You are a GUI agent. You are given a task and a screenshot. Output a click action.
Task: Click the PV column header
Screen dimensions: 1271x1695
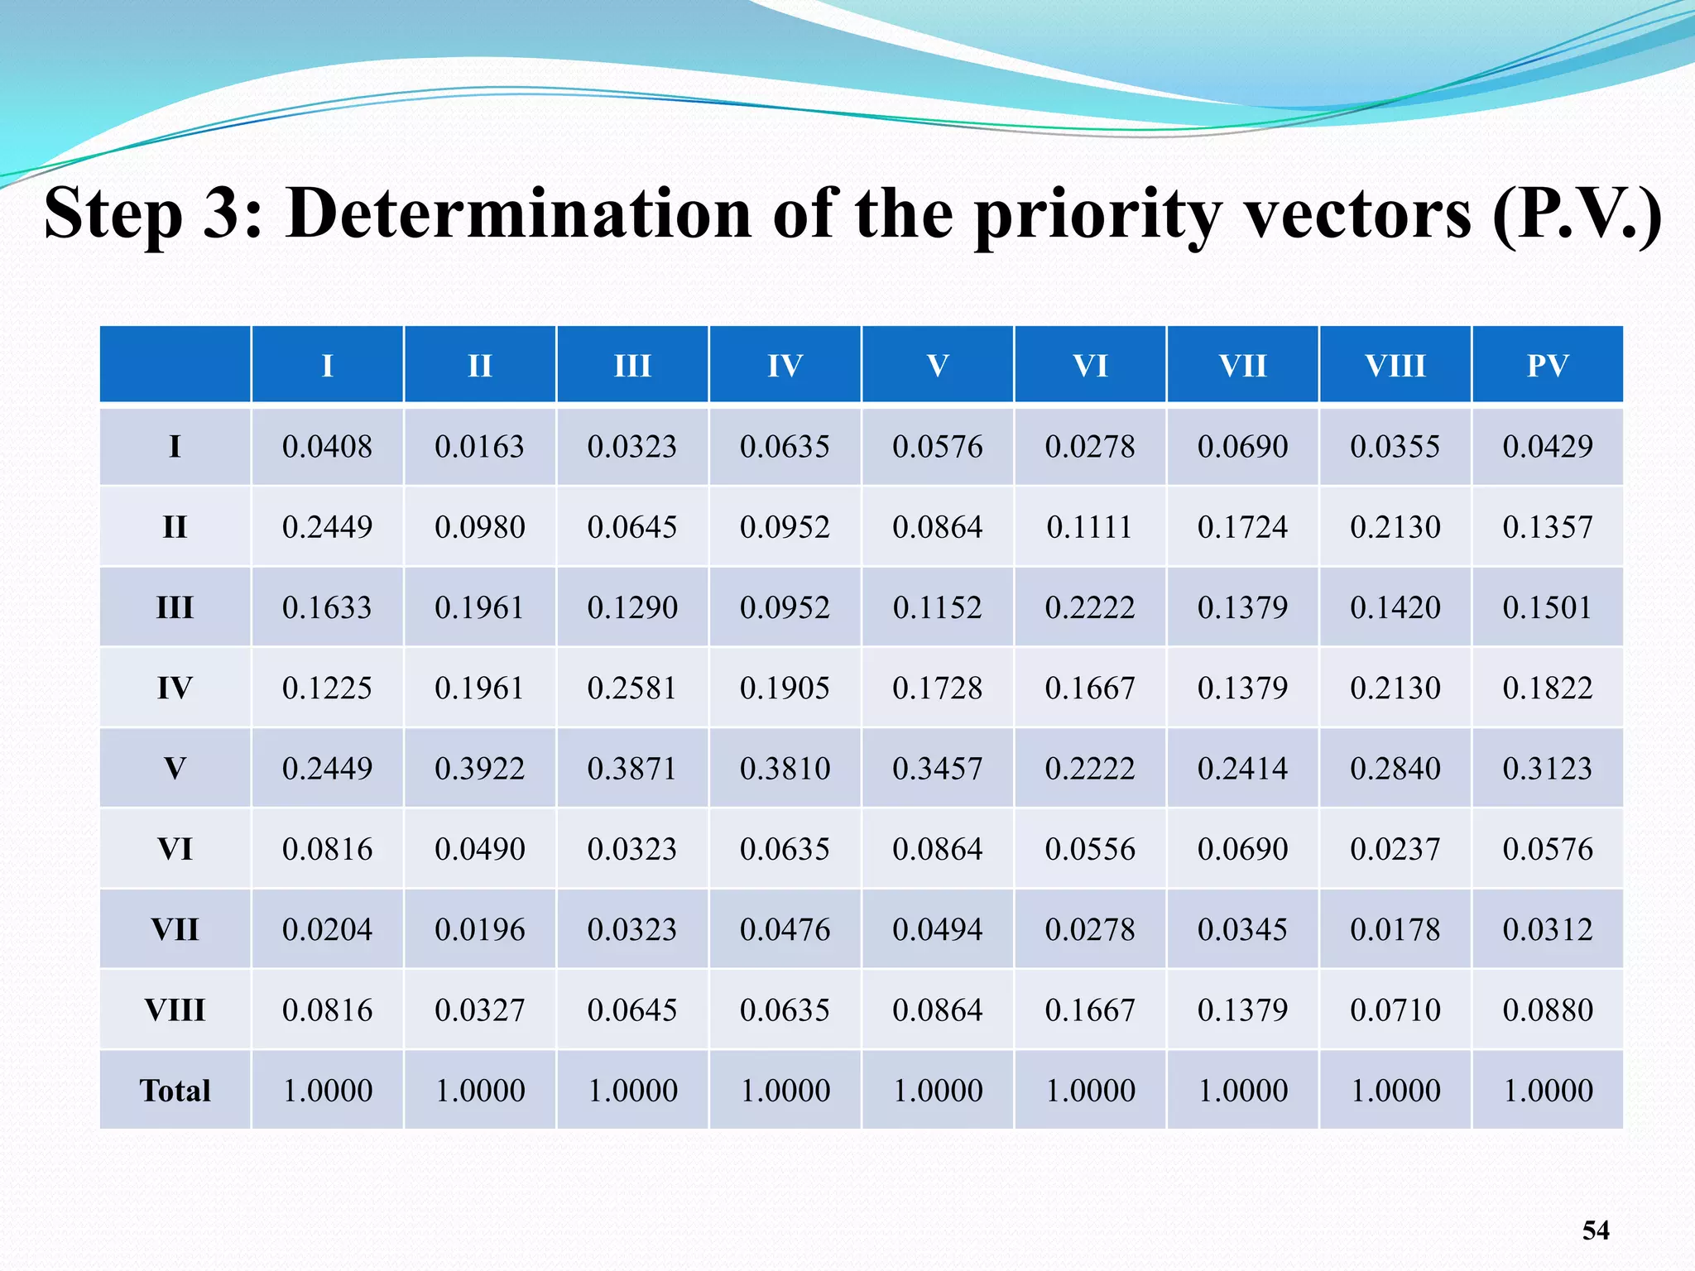click(x=1547, y=365)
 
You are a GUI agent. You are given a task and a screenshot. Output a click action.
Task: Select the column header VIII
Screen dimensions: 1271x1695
click(x=1395, y=365)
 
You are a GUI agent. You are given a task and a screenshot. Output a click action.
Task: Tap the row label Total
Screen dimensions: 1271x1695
click(x=175, y=1091)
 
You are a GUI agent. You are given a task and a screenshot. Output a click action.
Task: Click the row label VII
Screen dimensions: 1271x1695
click(x=175, y=929)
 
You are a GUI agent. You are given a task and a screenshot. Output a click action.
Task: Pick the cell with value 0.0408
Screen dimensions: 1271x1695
click(x=327, y=447)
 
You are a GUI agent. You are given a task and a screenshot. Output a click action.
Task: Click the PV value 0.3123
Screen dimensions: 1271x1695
click(x=1547, y=769)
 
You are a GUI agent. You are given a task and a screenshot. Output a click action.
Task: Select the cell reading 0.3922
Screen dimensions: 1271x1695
click(x=479, y=769)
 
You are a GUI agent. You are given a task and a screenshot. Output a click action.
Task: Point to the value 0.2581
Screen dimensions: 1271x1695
click(x=632, y=688)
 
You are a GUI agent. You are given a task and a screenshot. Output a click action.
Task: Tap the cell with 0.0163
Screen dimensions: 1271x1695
click(x=479, y=447)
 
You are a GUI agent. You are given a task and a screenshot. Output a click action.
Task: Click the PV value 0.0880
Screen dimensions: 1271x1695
click(x=1547, y=1010)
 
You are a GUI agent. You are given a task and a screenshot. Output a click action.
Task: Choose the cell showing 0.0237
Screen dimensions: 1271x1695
click(x=1395, y=849)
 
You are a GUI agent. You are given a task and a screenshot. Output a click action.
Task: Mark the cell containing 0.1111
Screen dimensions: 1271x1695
click(x=1089, y=527)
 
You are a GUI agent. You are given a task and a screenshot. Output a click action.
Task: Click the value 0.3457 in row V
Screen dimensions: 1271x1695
click(x=937, y=769)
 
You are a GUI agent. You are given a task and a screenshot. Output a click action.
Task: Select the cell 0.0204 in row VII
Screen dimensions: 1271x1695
click(x=327, y=929)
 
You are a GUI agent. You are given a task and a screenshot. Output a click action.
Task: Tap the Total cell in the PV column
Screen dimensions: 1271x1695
click(x=1547, y=1091)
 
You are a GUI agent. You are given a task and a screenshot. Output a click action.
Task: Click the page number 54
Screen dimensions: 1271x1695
click(x=1595, y=1230)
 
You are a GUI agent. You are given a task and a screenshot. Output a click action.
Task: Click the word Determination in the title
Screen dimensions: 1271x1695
click(x=518, y=213)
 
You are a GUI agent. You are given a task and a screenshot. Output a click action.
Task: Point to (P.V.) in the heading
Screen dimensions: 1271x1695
click(x=1577, y=213)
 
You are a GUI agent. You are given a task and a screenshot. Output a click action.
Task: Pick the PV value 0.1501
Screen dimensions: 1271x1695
click(x=1547, y=608)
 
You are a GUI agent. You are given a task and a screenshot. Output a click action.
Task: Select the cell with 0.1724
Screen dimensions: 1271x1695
click(x=1242, y=527)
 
